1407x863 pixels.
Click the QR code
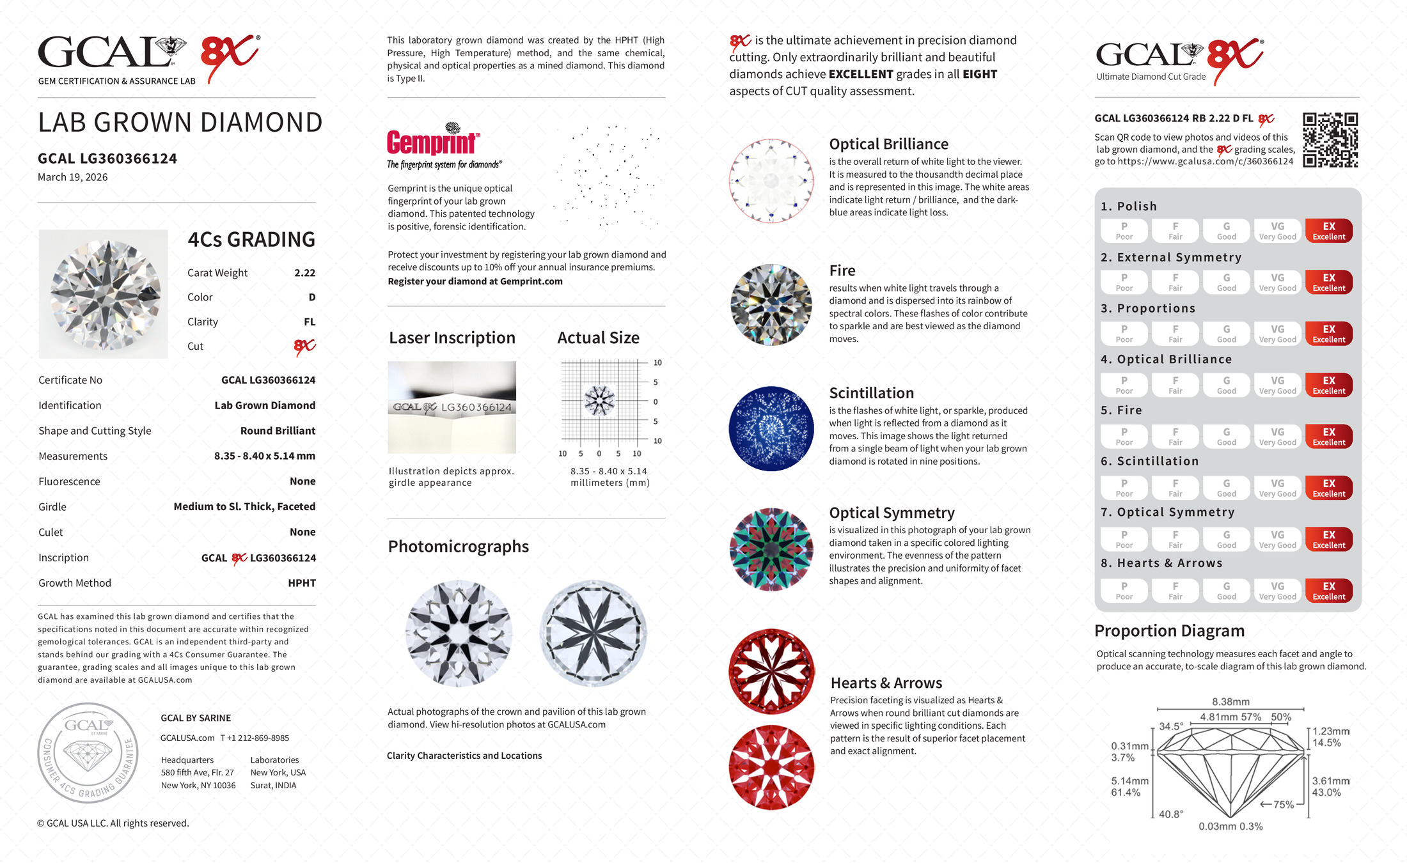point(1330,140)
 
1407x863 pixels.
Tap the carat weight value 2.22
point(304,273)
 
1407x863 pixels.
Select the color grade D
point(311,297)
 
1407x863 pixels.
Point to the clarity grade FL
point(310,322)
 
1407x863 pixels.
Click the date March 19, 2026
point(72,177)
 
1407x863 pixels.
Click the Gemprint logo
point(433,143)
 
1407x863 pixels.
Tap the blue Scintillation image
point(771,428)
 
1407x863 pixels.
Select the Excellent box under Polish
point(1328,231)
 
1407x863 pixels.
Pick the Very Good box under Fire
point(1277,437)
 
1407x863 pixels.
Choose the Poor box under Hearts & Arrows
point(1124,591)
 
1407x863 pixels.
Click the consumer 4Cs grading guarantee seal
point(88,752)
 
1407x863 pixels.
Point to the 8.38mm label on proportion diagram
point(1230,702)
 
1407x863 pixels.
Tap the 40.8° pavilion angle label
point(1170,814)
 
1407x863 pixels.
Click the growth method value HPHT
point(302,583)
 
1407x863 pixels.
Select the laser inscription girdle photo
point(452,407)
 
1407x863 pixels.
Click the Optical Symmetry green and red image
point(771,549)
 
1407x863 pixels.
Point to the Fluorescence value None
point(303,481)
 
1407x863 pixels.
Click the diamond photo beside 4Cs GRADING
point(104,294)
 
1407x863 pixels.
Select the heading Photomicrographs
point(458,547)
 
